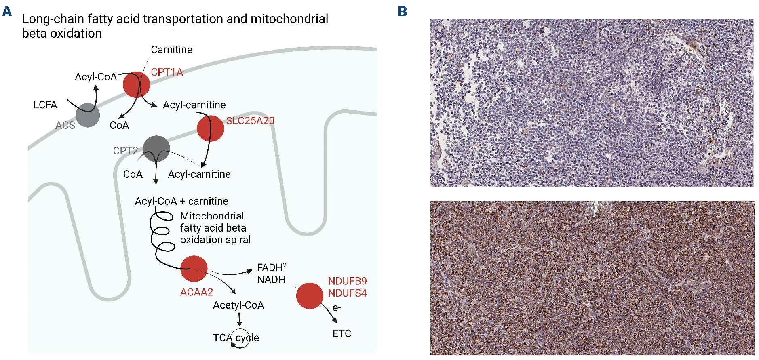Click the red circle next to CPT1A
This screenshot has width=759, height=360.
(136, 84)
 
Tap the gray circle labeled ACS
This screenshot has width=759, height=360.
(88, 115)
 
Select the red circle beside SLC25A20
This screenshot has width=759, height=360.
(210, 128)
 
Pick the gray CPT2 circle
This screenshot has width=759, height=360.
(156, 149)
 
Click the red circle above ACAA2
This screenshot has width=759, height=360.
(194, 269)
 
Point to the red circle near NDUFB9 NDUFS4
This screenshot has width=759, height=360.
(310, 296)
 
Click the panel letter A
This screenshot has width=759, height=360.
(7, 11)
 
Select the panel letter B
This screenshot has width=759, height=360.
(402, 11)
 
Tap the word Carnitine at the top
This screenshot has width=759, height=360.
(171, 49)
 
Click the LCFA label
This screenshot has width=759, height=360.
(45, 105)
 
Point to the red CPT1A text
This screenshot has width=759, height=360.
(167, 72)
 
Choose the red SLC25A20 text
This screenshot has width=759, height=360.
(250, 120)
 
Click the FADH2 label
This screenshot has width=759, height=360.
(272, 267)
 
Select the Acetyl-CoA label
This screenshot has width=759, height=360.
(238, 305)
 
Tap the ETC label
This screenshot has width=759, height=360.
(342, 333)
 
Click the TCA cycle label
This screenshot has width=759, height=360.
(236, 338)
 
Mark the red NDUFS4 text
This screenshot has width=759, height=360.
(347, 293)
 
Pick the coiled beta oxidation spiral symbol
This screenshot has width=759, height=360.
(162, 238)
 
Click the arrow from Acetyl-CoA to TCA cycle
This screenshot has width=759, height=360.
(239, 320)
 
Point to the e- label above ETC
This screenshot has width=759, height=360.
(337, 308)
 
